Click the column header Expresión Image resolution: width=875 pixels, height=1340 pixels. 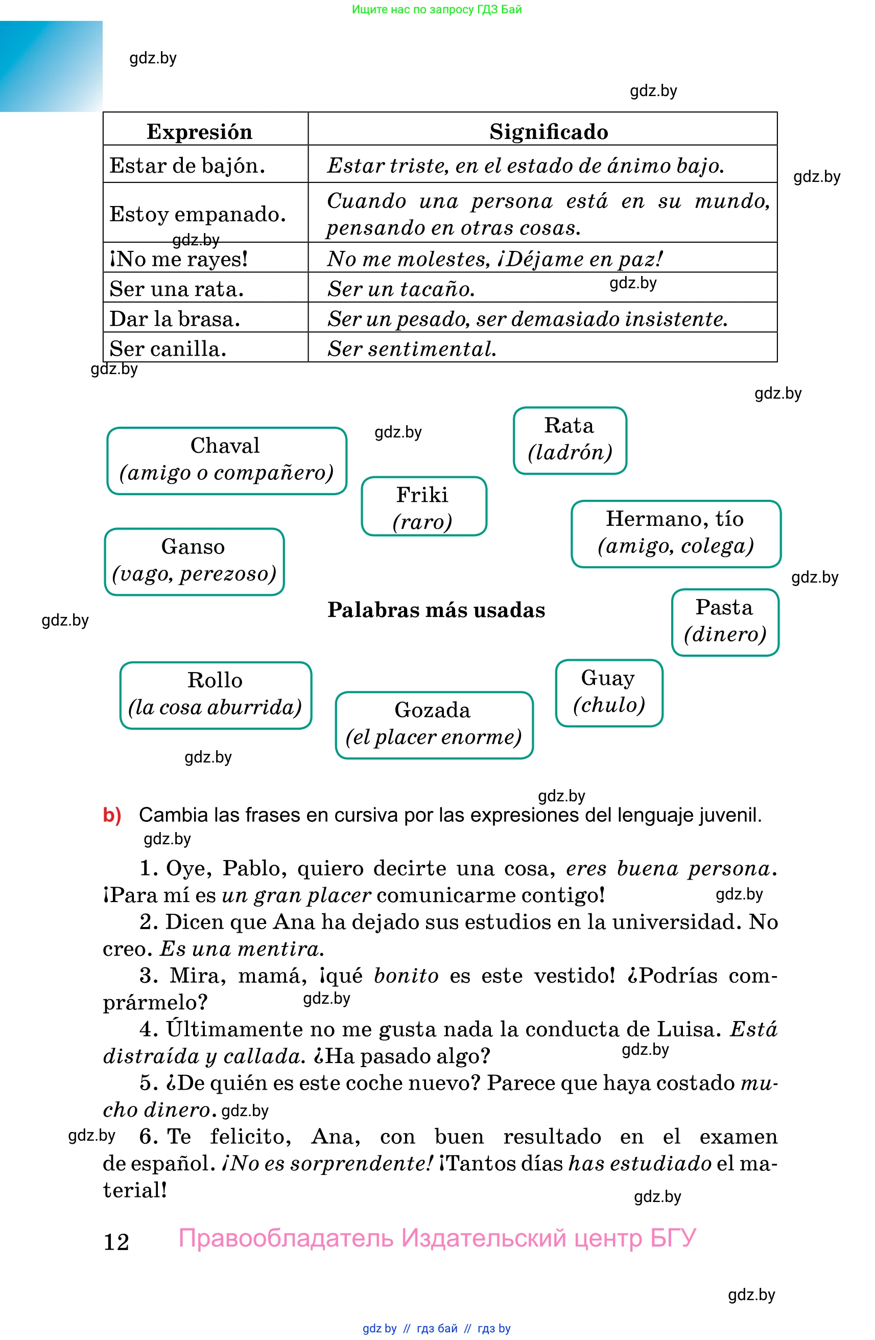(x=199, y=131)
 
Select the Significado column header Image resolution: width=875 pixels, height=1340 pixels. (x=548, y=131)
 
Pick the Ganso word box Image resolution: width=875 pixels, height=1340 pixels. (x=194, y=561)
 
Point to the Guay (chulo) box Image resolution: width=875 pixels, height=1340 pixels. (x=609, y=692)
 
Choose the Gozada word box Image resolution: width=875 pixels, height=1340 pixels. (x=433, y=724)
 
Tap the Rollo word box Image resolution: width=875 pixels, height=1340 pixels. (x=216, y=694)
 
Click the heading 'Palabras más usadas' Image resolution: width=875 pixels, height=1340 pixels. (x=436, y=610)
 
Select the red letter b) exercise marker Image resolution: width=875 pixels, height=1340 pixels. (x=112, y=815)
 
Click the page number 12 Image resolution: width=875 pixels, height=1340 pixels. (x=116, y=1241)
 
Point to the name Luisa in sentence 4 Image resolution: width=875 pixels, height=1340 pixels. (x=689, y=1029)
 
